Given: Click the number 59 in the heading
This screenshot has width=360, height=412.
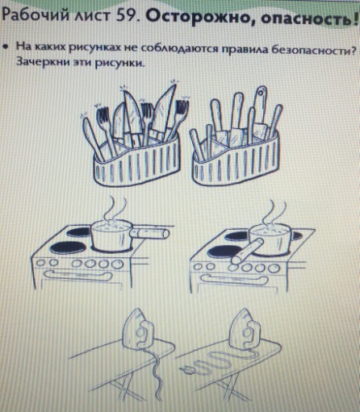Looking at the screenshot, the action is click(x=126, y=15).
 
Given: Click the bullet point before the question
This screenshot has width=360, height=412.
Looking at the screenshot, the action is click(x=5, y=48).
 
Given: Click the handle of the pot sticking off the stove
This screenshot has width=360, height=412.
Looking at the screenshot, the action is click(x=149, y=233).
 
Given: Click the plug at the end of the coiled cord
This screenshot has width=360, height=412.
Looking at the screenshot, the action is click(x=186, y=370).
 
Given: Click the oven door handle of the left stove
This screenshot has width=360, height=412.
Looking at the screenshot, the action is click(x=78, y=276).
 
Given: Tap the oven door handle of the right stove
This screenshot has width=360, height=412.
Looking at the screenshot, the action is click(x=235, y=280).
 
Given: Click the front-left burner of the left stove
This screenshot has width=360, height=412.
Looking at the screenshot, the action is click(x=68, y=247).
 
